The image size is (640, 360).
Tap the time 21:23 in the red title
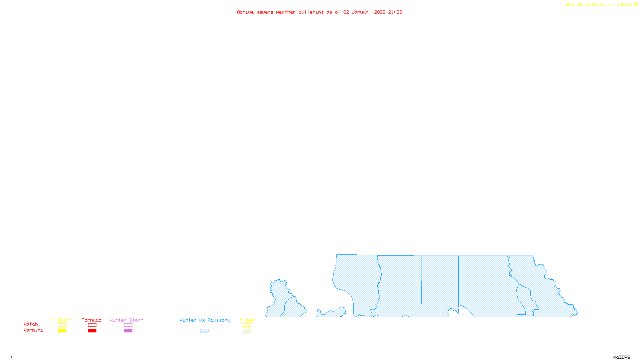click(395, 12)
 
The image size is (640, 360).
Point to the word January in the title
click(362, 12)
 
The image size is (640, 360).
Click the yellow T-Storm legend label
click(62, 320)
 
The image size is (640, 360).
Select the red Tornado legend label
click(92, 320)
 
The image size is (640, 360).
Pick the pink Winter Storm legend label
click(126, 320)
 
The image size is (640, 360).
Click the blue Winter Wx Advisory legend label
click(205, 320)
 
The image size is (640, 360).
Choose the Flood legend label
click(247, 320)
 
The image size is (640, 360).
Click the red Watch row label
click(31, 324)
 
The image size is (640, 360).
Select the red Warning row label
click(34, 330)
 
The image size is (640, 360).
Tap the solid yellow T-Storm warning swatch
click(62, 331)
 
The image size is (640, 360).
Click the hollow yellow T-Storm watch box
click(62, 325)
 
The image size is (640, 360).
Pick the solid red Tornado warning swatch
click(92, 331)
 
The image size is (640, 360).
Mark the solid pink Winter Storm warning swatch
click(128, 331)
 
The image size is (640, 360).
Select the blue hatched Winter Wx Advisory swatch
click(204, 331)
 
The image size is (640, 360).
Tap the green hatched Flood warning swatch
click(247, 331)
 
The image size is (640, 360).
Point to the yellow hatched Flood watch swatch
click(247, 325)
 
